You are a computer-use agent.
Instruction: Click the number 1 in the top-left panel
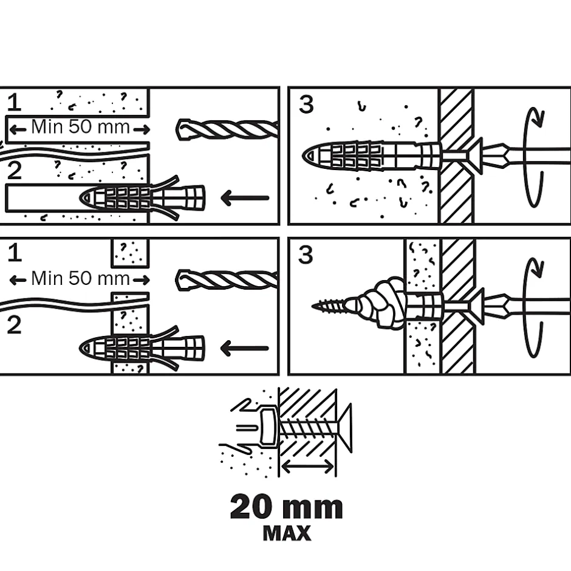click(x=14, y=103)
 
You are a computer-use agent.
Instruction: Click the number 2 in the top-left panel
click(x=14, y=171)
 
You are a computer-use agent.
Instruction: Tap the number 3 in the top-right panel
click(x=306, y=104)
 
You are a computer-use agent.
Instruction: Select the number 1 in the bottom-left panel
click(x=14, y=252)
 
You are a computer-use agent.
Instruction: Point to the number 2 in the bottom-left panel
click(x=14, y=326)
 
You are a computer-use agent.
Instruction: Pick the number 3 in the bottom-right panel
click(x=306, y=255)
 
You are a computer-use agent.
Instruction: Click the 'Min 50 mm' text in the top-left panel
click(x=80, y=128)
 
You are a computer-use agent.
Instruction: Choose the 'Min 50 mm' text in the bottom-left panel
click(x=80, y=279)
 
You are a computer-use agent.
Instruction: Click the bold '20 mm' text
click(x=286, y=507)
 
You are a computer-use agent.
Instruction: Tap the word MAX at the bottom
click(x=286, y=533)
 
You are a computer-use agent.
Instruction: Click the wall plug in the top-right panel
click(x=371, y=155)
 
